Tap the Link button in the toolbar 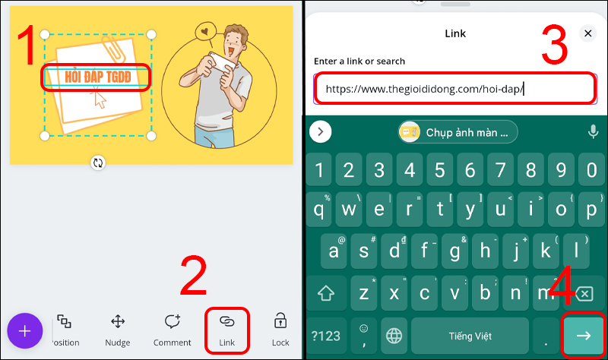pyautogui.click(x=226, y=328)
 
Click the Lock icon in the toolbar pyautogui.click(x=280, y=328)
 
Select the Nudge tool pyautogui.click(x=118, y=328)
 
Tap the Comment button pyautogui.click(x=172, y=328)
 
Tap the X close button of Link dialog pyautogui.click(x=587, y=33)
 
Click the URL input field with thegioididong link pyautogui.click(x=454, y=89)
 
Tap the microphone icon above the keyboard pyautogui.click(x=593, y=132)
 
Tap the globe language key pyautogui.click(x=393, y=335)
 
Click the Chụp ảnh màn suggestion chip pyautogui.click(x=458, y=132)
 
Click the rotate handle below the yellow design pyautogui.click(x=98, y=163)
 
